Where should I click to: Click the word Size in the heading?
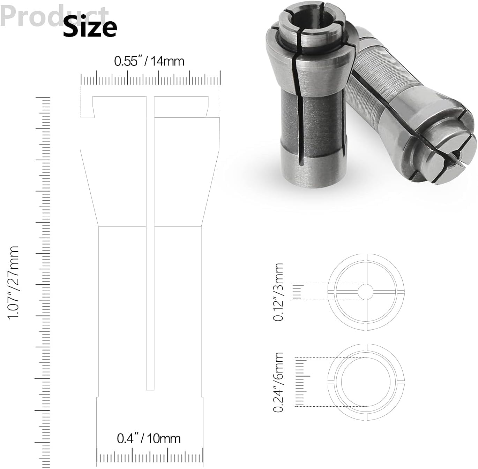pos(90,27)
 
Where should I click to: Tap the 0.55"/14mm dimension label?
pos(149,61)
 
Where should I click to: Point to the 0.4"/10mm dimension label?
pos(149,438)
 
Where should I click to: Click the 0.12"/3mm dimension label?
pos(278,292)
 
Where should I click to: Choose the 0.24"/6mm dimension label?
pos(278,382)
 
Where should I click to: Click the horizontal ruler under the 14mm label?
pos(150,79)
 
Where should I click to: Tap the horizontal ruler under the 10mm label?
pos(150,457)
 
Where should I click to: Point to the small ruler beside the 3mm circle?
pos(297,292)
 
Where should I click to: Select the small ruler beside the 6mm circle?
pos(301,382)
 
